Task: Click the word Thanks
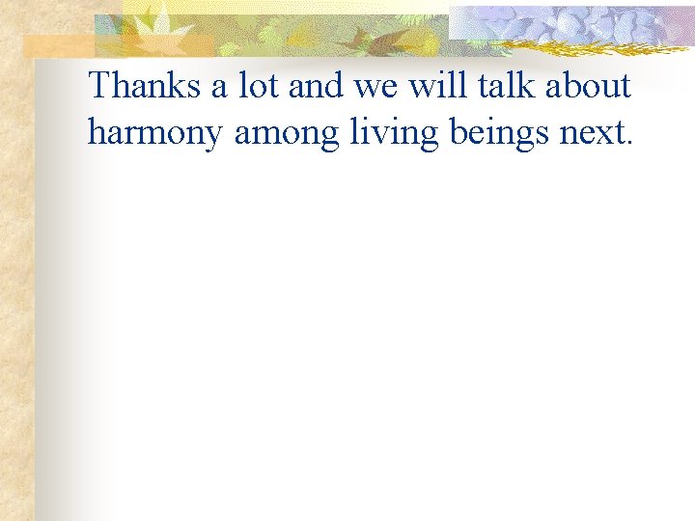[144, 87]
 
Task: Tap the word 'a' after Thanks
[220, 88]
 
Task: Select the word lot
[258, 87]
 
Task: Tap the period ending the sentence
[630, 143]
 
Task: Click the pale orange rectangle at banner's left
[58, 46]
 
